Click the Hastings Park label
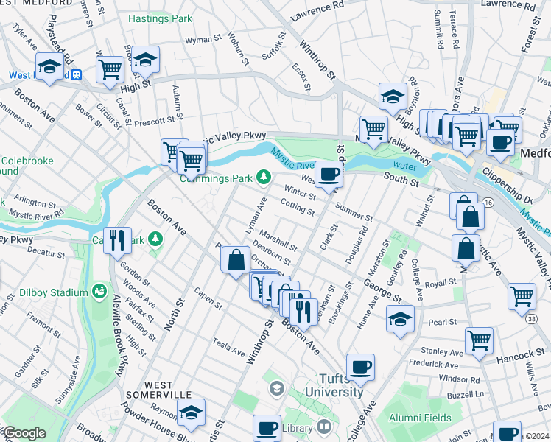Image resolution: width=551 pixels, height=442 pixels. pyautogui.click(x=160, y=18)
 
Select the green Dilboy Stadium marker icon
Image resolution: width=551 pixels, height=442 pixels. pyautogui.click(x=99, y=293)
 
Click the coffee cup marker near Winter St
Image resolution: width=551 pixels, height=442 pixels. pyautogui.click(x=329, y=175)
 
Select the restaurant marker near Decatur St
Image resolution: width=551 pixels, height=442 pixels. pyautogui.click(x=117, y=239)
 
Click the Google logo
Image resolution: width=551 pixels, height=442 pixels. pyautogui.click(x=24, y=432)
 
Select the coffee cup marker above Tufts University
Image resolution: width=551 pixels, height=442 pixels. pyautogui.click(x=360, y=367)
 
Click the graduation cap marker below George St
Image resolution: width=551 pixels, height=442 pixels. pyautogui.click(x=400, y=318)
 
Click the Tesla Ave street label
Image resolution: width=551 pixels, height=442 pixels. pyautogui.click(x=228, y=343)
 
